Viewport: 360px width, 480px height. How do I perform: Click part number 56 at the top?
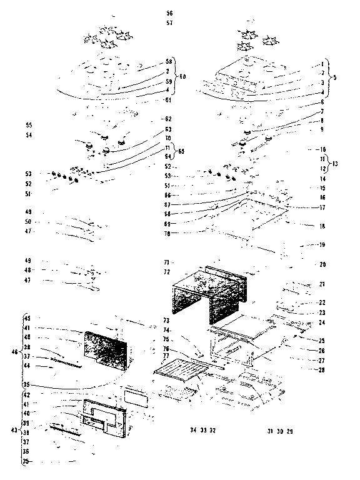(169, 13)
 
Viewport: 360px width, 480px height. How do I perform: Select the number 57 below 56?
(169, 23)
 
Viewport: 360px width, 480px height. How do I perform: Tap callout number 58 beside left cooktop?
(168, 62)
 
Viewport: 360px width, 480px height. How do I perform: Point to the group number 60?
(183, 77)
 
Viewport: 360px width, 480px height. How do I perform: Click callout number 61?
(168, 99)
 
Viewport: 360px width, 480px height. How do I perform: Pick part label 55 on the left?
(29, 125)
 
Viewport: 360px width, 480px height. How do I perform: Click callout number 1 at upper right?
(322, 64)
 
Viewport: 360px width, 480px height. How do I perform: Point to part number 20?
(322, 264)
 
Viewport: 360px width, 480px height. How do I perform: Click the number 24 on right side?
(322, 323)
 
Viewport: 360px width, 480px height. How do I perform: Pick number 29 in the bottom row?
(290, 431)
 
